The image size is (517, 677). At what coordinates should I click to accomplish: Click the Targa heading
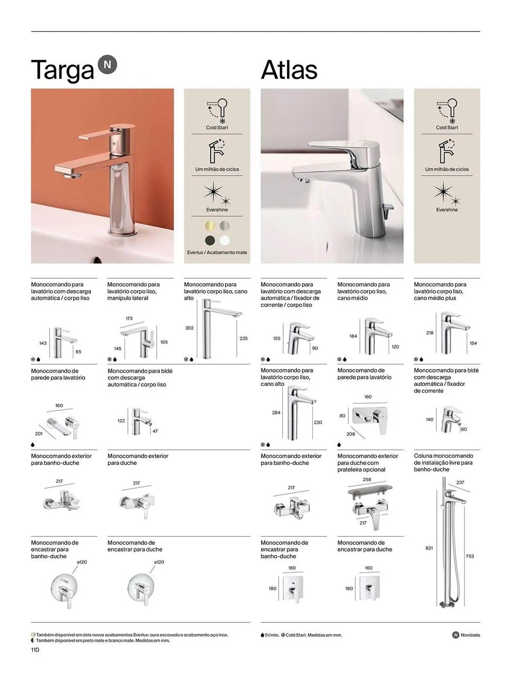pyautogui.click(x=62, y=70)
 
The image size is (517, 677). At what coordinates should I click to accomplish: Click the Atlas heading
pyautogui.click(x=289, y=70)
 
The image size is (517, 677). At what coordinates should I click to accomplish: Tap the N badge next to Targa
pyautogui.click(x=107, y=65)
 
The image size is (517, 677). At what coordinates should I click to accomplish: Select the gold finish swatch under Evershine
pyautogui.click(x=210, y=225)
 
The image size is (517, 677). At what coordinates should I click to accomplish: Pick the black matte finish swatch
pyautogui.click(x=210, y=240)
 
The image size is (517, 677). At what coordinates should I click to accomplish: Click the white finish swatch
pyautogui.click(x=224, y=240)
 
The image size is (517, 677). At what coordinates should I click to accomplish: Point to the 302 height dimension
pyautogui.click(x=190, y=328)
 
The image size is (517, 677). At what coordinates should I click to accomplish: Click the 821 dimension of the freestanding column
pyautogui.click(x=429, y=548)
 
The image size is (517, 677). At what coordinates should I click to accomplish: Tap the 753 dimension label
pyautogui.click(x=470, y=556)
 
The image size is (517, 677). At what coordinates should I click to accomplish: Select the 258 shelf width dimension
pyautogui.click(x=367, y=479)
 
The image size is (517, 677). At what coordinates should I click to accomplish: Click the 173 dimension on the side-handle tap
pyautogui.click(x=129, y=318)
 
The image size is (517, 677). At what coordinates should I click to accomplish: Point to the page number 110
pyautogui.click(x=35, y=650)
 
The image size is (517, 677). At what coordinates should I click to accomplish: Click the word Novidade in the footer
pyautogui.click(x=470, y=635)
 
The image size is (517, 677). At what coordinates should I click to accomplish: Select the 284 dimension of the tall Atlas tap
pyautogui.click(x=276, y=412)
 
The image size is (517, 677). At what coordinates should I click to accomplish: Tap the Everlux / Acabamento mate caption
pyautogui.click(x=217, y=253)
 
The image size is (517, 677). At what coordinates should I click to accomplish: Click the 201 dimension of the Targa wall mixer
pyautogui.click(x=39, y=434)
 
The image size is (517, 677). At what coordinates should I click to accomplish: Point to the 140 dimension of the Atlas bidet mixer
pyautogui.click(x=430, y=419)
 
